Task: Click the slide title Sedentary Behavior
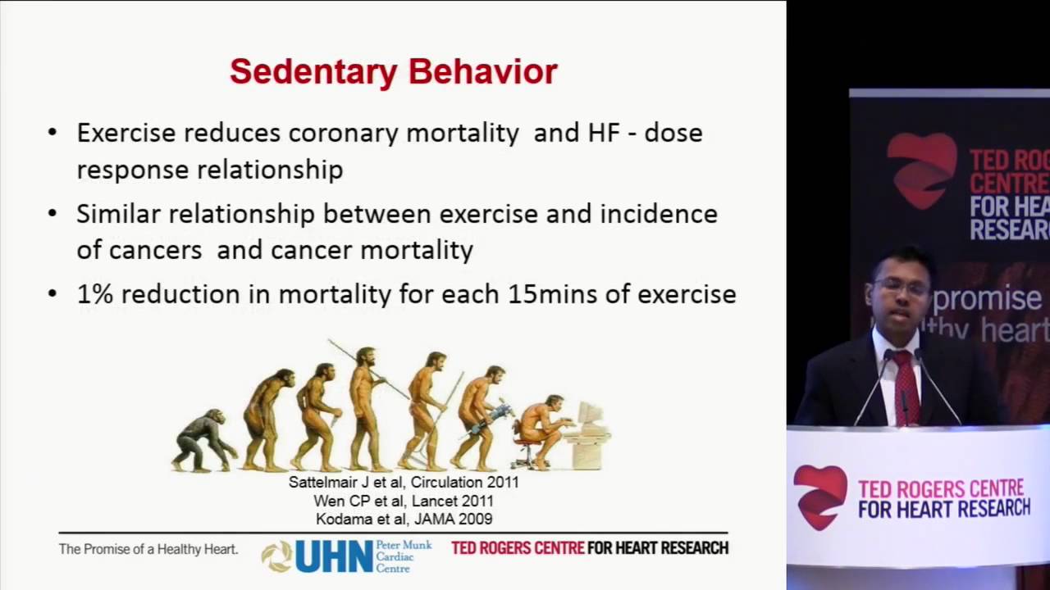pyautogui.click(x=393, y=71)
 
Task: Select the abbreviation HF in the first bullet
pyautogui.click(x=603, y=133)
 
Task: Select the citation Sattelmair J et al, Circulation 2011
pyautogui.click(x=404, y=483)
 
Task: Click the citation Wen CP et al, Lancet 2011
pyautogui.click(x=404, y=501)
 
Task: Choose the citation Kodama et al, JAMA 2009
pyautogui.click(x=404, y=519)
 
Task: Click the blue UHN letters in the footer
pyautogui.click(x=334, y=556)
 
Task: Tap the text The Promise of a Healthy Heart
pyautogui.click(x=148, y=549)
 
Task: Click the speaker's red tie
pyautogui.click(x=905, y=385)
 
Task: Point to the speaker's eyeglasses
pyautogui.click(x=900, y=288)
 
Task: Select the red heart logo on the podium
pyautogui.click(x=820, y=496)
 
